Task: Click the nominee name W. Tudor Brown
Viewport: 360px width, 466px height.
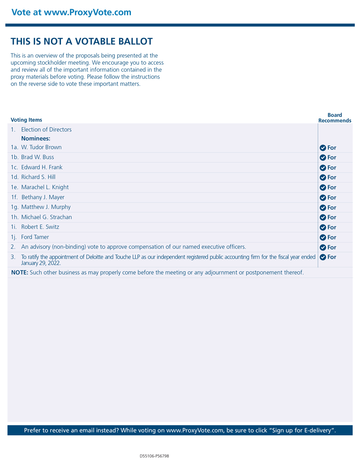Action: (x=41, y=147)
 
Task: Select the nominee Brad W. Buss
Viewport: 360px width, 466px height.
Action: (x=37, y=157)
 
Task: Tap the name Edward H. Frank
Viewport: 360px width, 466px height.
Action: (x=42, y=167)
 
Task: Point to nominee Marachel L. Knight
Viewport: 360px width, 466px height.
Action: (x=45, y=187)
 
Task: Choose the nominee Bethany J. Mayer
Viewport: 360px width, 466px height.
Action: (x=43, y=197)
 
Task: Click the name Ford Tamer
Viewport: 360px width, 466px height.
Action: (x=35, y=237)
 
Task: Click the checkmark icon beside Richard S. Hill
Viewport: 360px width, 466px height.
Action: (x=323, y=177)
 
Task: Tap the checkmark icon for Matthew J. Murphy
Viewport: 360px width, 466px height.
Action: (x=323, y=208)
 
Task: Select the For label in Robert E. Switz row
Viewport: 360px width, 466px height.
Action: (x=331, y=228)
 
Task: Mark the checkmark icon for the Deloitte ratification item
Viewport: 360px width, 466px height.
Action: (x=323, y=257)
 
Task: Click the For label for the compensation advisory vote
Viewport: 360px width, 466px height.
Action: (x=331, y=247)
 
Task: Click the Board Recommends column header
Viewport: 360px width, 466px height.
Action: (x=335, y=118)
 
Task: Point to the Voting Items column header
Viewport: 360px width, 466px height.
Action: (x=26, y=120)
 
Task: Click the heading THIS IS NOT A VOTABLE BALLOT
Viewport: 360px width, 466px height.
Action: (x=82, y=42)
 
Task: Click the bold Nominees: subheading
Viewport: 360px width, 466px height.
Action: (x=36, y=138)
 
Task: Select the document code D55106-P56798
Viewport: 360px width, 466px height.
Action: (x=154, y=456)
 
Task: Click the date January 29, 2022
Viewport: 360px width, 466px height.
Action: (x=41, y=263)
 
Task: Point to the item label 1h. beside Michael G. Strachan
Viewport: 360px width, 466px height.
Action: (x=15, y=217)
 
